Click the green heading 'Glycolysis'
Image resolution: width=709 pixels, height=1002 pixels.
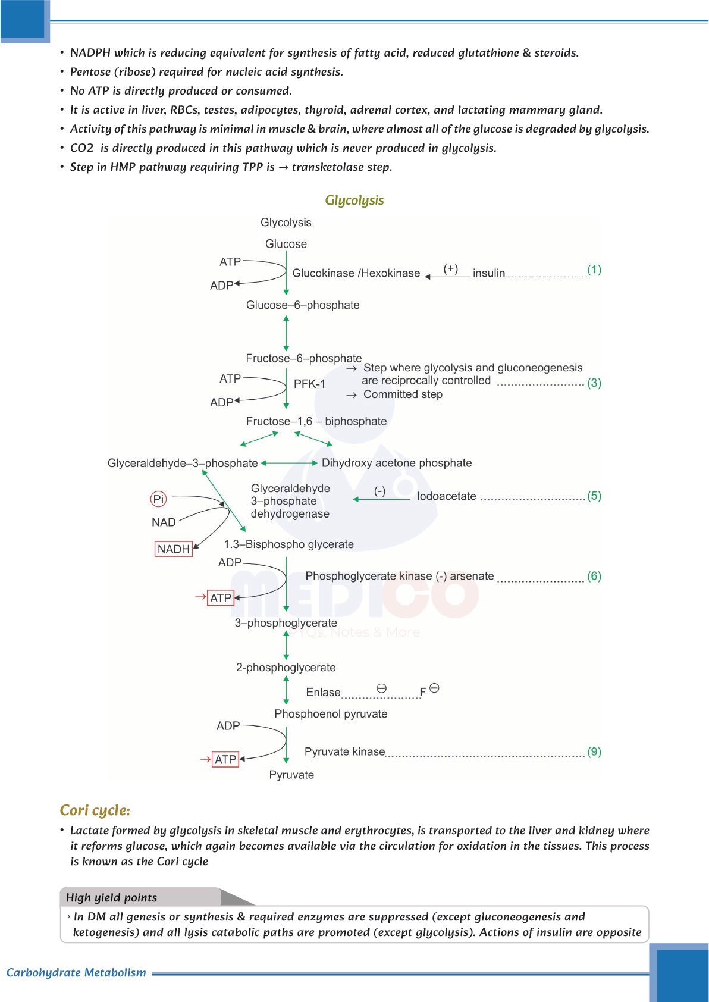[354, 201]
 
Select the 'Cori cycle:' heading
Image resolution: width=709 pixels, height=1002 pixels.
[95, 810]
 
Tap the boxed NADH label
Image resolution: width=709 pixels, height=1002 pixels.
[173, 549]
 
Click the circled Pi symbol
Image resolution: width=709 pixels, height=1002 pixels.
[158, 499]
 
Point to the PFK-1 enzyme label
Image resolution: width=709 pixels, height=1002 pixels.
[309, 384]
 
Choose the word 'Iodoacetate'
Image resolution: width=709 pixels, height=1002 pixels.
[446, 496]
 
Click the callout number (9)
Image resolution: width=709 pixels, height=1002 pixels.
[594, 751]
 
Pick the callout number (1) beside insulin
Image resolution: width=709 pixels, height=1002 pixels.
[594, 270]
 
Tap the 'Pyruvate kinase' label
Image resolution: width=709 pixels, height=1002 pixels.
[344, 751]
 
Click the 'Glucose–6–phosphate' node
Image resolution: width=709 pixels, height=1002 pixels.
[303, 305]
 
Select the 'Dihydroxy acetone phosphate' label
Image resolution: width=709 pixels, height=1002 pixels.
[396, 463]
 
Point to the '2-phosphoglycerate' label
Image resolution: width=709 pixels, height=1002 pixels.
[286, 668]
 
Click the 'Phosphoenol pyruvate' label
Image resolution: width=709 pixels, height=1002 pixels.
[331, 714]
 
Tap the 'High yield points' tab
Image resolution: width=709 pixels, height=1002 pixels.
[112, 897]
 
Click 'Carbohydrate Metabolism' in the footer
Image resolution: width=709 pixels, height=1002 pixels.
[76, 972]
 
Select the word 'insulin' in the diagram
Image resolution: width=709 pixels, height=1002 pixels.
[488, 273]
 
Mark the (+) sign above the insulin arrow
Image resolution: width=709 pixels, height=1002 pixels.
[451, 268]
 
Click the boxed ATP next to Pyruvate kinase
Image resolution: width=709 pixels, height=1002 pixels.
[225, 759]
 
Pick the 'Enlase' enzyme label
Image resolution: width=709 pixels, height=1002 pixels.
[323, 692]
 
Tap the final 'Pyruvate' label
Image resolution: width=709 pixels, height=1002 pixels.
[291, 775]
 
